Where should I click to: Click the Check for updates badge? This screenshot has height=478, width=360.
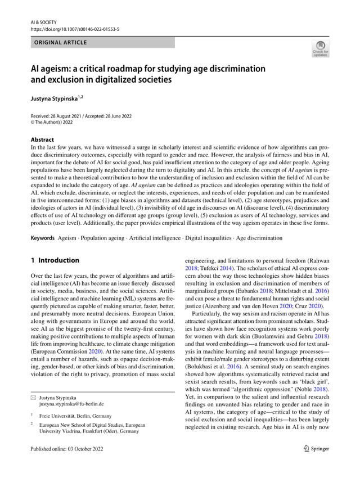tap(320, 51)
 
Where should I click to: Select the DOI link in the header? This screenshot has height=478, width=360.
tap(75, 29)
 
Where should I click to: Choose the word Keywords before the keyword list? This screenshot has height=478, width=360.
tap(43, 238)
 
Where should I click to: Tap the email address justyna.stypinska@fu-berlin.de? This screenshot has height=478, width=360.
tap(71, 404)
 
